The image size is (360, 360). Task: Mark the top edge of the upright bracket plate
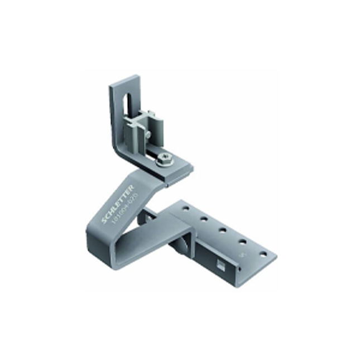123,80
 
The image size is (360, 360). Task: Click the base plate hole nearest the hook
185,209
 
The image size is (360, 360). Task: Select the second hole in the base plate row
204,219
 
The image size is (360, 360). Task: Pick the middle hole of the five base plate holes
223,229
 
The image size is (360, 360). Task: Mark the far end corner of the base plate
276,258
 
